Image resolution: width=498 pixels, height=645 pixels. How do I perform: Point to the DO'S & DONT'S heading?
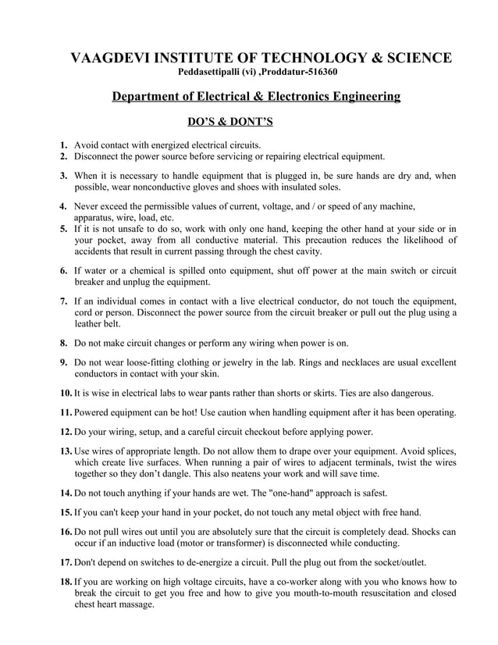[x=229, y=122]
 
